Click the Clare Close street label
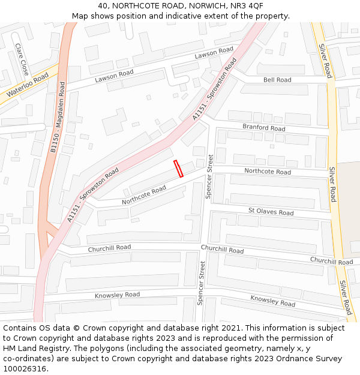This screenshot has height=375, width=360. click(22, 59)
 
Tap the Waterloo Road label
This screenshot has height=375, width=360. click(27, 85)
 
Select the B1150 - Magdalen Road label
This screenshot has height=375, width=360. click(58, 118)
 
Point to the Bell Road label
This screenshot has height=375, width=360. click(277, 80)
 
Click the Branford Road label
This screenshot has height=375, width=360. click(263, 128)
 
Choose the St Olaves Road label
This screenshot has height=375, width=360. click(271, 212)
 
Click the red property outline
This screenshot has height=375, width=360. click(178, 169)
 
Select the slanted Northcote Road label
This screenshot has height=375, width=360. click(144, 195)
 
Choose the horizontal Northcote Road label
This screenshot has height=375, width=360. click(267, 172)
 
